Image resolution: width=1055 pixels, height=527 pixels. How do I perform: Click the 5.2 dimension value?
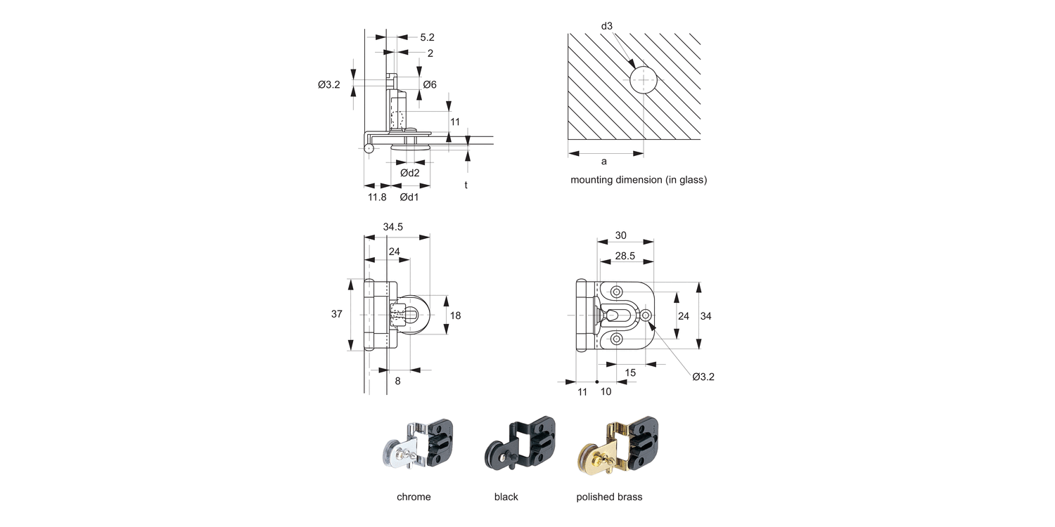click(427, 37)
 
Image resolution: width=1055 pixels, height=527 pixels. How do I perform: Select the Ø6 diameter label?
click(430, 84)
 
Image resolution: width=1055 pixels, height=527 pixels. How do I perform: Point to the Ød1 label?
click(409, 197)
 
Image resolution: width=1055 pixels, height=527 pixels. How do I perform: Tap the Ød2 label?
click(410, 173)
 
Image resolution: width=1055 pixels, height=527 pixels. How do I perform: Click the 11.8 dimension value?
click(377, 197)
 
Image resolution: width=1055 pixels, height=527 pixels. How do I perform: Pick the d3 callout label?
click(607, 26)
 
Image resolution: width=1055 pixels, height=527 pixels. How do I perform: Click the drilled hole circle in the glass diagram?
click(644, 80)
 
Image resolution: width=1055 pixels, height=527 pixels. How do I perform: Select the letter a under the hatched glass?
click(604, 161)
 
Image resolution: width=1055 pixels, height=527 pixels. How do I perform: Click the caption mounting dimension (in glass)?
click(638, 180)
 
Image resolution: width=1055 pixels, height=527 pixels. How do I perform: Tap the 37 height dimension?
click(337, 314)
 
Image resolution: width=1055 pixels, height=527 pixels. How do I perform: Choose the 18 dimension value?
click(455, 315)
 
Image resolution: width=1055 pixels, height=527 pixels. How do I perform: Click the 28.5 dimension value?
click(625, 256)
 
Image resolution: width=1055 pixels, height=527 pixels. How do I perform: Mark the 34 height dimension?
click(706, 316)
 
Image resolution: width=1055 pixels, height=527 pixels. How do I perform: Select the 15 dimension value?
click(630, 372)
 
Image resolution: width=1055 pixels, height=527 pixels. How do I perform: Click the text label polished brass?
click(609, 497)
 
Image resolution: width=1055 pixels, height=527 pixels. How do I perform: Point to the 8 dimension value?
click(397, 381)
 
